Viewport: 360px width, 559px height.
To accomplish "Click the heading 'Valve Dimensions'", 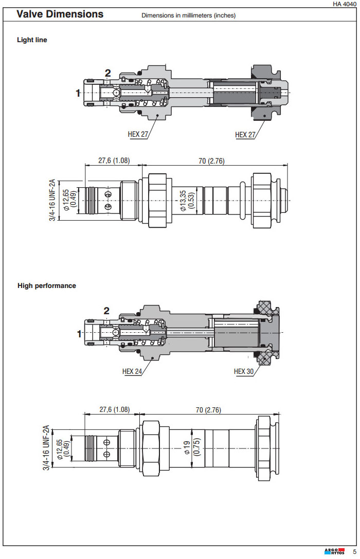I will click(60, 14).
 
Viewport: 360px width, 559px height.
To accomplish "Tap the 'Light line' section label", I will click(32, 40).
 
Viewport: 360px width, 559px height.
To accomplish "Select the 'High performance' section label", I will click(46, 285).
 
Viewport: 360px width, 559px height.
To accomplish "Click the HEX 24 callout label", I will click(132, 371).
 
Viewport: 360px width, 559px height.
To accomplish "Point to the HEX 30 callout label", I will click(244, 371).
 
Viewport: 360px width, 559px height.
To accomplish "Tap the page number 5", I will click(354, 552).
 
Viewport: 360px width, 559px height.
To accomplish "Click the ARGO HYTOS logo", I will click(335, 552).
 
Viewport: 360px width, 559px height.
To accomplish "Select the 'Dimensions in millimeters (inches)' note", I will click(188, 15).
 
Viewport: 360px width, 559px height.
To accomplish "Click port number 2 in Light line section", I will click(108, 73).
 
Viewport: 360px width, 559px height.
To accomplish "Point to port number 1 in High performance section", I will click(79, 334).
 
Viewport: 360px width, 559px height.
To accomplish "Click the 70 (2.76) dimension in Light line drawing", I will click(211, 161).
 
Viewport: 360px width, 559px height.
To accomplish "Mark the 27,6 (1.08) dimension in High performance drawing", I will click(114, 410).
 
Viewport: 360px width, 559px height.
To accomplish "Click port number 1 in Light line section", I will click(78, 93).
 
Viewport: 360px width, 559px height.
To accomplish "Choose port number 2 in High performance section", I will click(106, 311).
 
